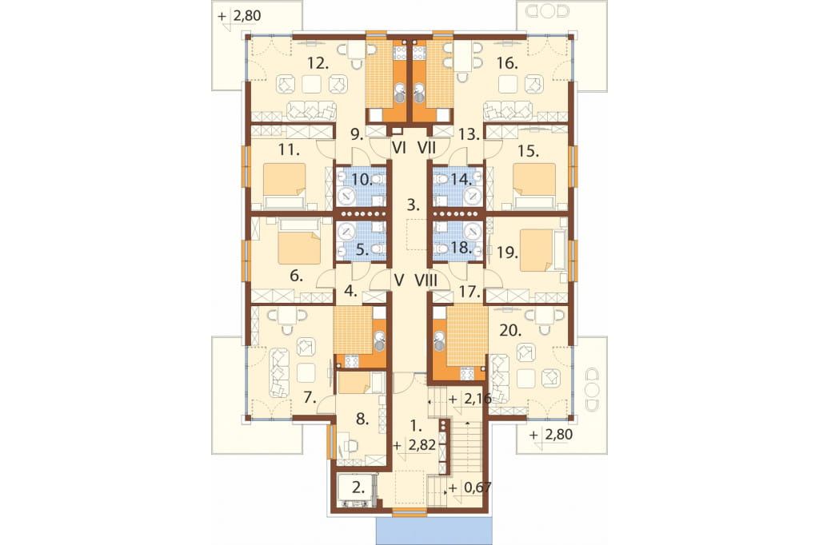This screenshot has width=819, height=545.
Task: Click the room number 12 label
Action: tap(318, 64)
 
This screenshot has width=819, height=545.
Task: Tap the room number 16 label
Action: tap(507, 64)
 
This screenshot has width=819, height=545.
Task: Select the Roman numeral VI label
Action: tap(399, 149)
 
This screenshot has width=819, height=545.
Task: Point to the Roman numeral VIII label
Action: tap(426, 280)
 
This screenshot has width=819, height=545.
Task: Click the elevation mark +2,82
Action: tap(415, 445)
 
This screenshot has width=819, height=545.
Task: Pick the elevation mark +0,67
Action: tap(469, 488)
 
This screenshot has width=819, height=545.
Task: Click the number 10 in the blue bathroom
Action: tap(362, 180)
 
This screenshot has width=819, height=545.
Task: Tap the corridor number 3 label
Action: tap(413, 205)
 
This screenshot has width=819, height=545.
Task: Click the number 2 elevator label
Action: tap(358, 488)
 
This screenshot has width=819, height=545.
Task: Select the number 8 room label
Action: tap(362, 419)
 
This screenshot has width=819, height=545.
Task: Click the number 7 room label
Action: tap(310, 398)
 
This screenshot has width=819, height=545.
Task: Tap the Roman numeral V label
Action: tap(399, 280)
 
